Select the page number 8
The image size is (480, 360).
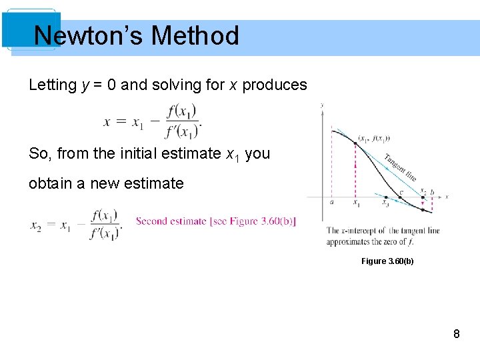point(457,334)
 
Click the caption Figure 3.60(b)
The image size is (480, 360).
point(387,261)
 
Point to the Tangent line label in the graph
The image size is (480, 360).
point(400,167)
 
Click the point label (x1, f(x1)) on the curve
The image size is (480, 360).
point(374,139)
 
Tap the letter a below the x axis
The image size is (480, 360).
point(331,202)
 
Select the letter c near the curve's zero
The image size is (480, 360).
point(401,192)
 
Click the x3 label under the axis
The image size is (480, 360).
point(385,204)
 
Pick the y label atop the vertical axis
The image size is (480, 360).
point(323,105)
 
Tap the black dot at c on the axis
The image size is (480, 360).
point(398,197)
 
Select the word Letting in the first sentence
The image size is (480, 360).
point(53,85)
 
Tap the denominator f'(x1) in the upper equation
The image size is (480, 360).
point(182,131)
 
